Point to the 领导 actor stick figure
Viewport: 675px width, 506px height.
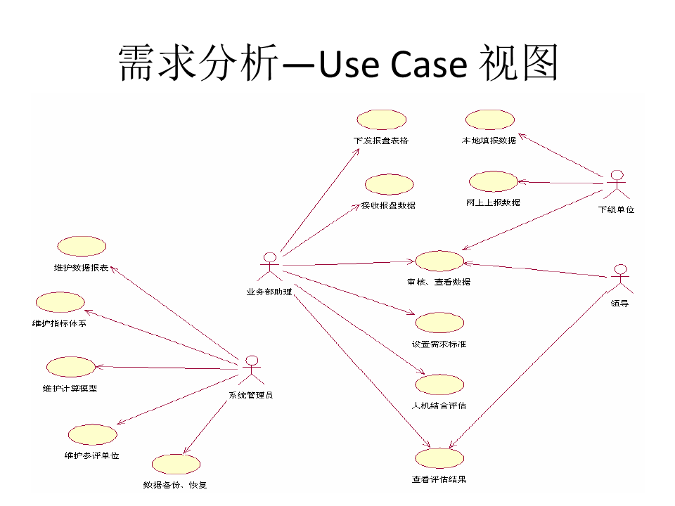tap(619, 279)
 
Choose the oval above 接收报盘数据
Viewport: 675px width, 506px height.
tap(388, 185)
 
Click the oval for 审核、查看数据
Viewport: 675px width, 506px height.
tap(439, 261)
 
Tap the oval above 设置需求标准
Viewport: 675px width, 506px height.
tap(439, 323)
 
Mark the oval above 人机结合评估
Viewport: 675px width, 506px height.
tap(439, 384)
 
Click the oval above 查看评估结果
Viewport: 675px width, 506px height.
tap(439, 459)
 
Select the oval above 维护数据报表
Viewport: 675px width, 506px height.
tap(82, 247)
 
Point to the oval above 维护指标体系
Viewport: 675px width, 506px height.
tap(60, 302)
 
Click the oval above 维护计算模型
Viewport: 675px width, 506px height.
tap(70, 367)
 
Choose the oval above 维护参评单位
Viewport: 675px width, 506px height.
tap(92, 435)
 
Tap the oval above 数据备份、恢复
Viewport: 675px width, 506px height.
tap(175, 465)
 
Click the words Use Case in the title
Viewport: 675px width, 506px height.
tap(393, 65)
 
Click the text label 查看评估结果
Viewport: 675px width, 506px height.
tap(439, 480)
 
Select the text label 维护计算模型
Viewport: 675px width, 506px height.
tap(70, 388)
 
